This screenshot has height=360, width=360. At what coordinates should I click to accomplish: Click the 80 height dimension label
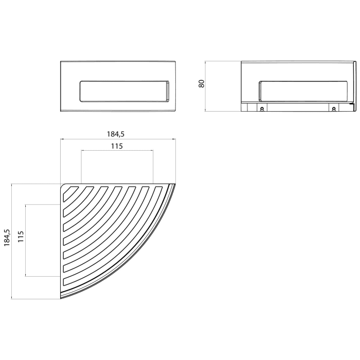[202, 83]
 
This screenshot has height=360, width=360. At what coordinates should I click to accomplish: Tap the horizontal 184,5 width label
[116, 134]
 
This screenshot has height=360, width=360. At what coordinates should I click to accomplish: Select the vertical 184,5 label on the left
[6, 238]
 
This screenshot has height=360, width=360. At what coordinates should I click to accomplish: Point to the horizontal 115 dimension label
[116, 146]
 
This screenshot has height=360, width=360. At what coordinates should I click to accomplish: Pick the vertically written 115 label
[21, 238]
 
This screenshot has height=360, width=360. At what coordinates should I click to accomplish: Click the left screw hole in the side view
[263, 109]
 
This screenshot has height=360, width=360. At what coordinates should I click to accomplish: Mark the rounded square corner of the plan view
[63, 186]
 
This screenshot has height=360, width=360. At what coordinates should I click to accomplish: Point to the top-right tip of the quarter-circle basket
[174, 184]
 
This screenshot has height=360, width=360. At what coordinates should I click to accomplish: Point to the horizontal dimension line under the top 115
[117, 151]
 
